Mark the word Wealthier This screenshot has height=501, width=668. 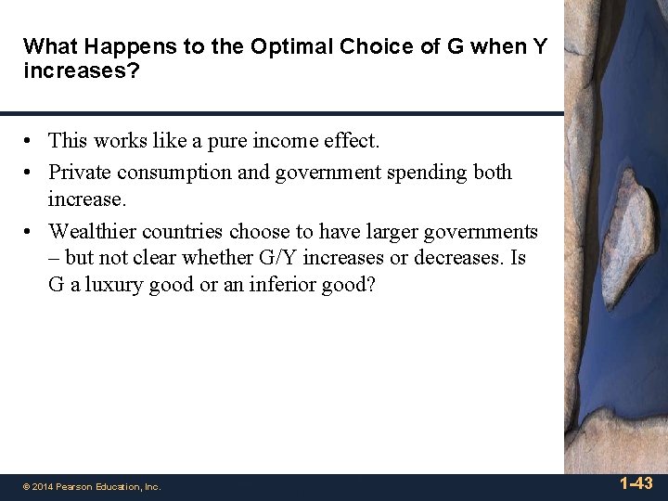[93, 231]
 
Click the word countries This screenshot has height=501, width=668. [181, 231]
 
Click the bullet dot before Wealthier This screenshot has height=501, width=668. [30, 232]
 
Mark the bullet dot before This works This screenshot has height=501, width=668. [30, 142]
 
